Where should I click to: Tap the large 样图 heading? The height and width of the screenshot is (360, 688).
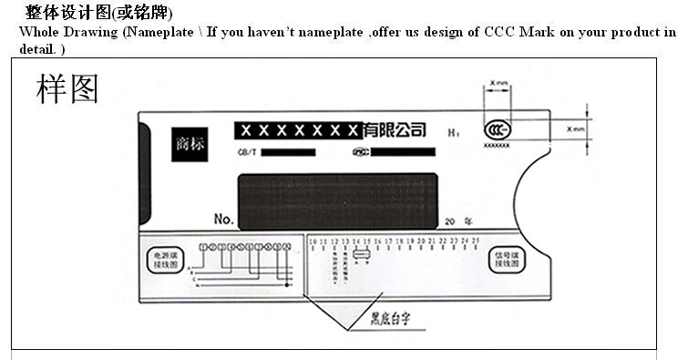click(67, 88)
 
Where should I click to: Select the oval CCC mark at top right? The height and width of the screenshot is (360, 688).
click(497, 129)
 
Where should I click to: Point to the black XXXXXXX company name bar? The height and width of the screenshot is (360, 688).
click(297, 131)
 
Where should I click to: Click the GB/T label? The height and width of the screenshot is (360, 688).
click(246, 152)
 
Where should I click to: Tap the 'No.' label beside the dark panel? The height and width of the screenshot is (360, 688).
click(224, 220)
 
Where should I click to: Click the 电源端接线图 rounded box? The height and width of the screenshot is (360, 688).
click(165, 258)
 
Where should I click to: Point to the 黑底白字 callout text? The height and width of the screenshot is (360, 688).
click(389, 320)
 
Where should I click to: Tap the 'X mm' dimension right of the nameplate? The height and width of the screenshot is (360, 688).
click(574, 129)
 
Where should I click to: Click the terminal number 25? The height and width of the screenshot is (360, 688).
click(476, 242)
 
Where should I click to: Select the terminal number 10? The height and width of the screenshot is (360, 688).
click(312, 242)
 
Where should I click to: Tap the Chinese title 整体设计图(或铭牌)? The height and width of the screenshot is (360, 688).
click(98, 13)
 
